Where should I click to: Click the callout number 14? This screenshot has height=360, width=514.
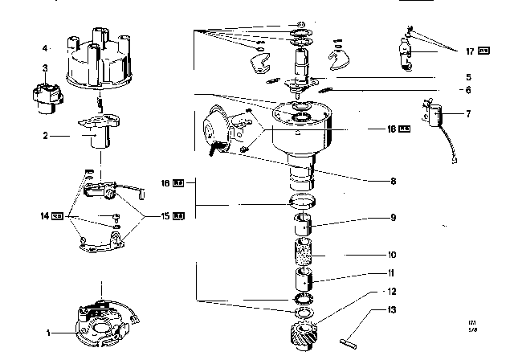click(x=45, y=215)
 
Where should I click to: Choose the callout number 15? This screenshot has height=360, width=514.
click(x=165, y=215)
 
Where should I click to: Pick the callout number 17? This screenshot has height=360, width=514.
click(x=470, y=51)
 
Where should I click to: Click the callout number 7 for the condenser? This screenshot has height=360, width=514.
click(x=469, y=114)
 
